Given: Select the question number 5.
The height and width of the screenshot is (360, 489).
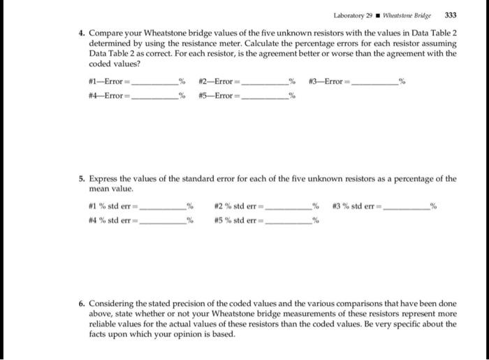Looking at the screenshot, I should click(80, 179).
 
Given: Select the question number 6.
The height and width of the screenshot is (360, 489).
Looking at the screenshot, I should click(80, 305).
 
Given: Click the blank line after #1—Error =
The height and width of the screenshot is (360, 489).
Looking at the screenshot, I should click(155, 83).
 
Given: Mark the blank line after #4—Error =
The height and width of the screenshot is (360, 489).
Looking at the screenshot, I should click(155, 96).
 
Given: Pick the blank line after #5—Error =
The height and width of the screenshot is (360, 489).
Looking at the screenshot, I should click(265, 96).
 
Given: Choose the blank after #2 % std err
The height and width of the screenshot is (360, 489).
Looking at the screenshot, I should click(288, 208).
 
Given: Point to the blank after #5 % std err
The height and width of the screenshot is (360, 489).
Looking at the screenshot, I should click(288, 221).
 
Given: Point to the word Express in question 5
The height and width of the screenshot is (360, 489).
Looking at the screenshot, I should click(104, 179).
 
